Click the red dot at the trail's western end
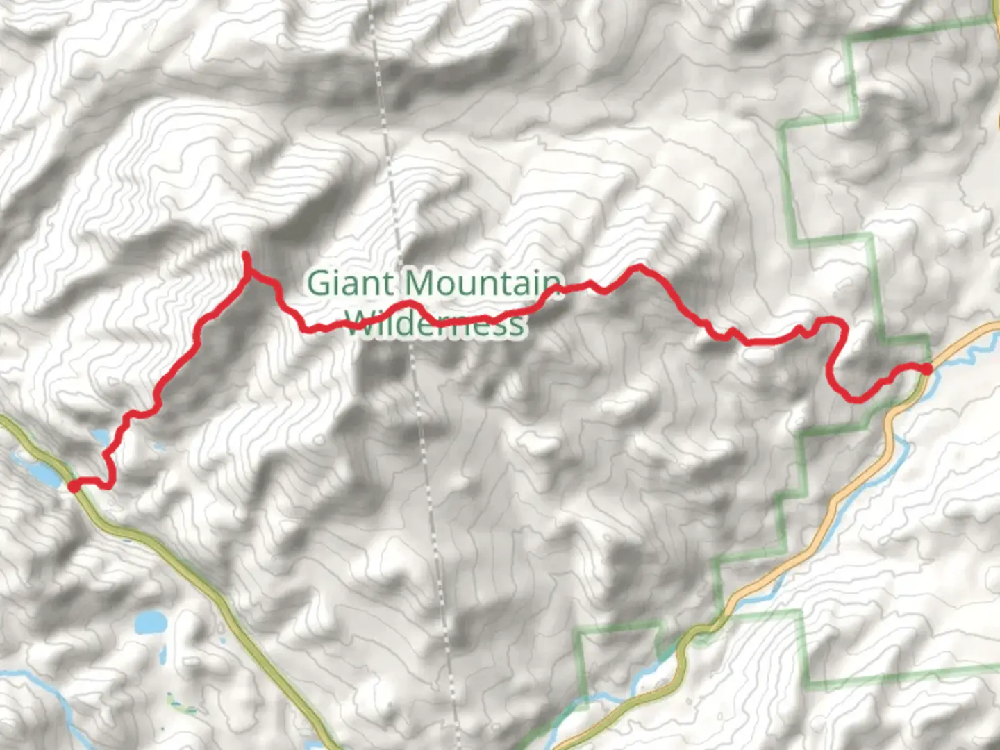[x=74, y=486]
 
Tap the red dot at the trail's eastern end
[x=926, y=368]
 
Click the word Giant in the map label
[x=350, y=283]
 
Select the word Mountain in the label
[x=483, y=283]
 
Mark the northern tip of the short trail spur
[x=245, y=256]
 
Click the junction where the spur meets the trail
[x=249, y=276]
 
